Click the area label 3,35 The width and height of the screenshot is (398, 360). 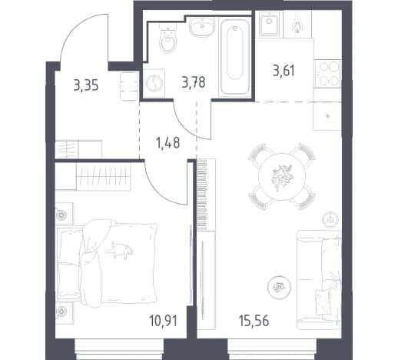point(86,85)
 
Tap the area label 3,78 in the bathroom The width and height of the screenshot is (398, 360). point(194,83)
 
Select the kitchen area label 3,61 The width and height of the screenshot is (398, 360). point(284,71)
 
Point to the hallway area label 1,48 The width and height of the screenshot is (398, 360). point(167,143)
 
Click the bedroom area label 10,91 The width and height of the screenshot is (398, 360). point(164,321)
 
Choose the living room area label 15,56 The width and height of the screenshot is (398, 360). point(254,321)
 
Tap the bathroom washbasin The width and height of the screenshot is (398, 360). point(202,28)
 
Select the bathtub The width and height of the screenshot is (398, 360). point(235,57)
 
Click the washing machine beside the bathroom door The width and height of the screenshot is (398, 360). point(154,83)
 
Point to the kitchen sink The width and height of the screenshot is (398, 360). point(269,24)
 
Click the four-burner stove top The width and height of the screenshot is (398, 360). point(328,74)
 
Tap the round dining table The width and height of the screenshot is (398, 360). point(282,177)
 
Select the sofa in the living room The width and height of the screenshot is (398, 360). point(319,280)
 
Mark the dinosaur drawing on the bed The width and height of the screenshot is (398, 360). point(119,249)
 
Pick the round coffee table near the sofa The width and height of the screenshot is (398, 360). point(279,287)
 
